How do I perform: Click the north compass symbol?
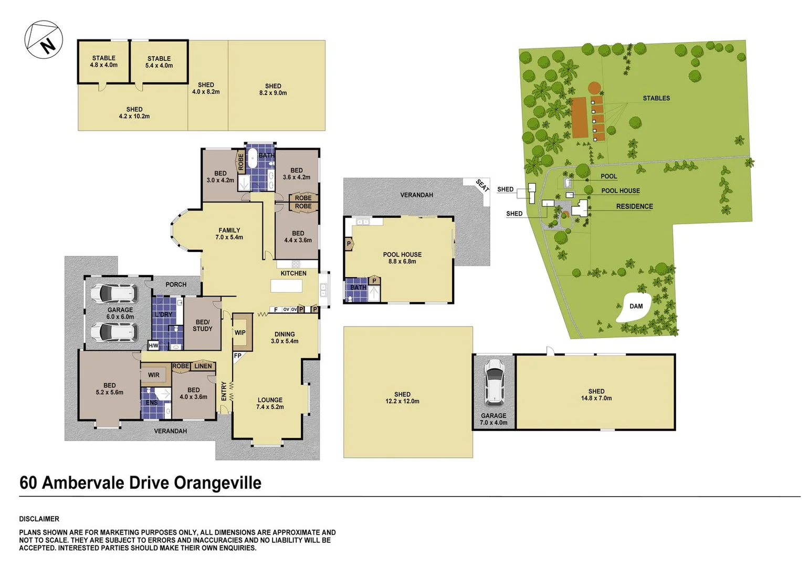pyautogui.click(x=44, y=39)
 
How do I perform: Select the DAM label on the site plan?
pyautogui.click(x=636, y=306)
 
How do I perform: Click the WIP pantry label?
pyautogui.click(x=240, y=333)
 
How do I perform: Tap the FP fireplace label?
pyautogui.click(x=237, y=356)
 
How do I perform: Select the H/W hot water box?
pyautogui.click(x=153, y=345)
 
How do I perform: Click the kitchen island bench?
pyautogui.click(x=287, y=286)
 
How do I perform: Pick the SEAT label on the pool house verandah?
pyautogui.click(x=482, y=186)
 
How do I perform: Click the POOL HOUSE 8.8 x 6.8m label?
pyautogui.click(x=402, y=258)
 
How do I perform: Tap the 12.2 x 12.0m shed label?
pyautogui.click(x=402, y=397)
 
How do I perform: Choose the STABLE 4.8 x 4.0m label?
pyautogui.click(x=103, y=61)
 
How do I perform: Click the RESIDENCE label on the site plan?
pyautogui.click(x=635, y=206)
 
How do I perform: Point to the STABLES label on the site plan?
pyautogui.click(x=656, y=98)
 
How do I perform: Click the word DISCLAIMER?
pyautogui.click(x=39, y=519)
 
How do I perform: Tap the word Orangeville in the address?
pyautogui.click(x=218, y=483)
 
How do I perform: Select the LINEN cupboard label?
pyautogui.click(x=203, y=366)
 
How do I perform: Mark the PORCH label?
pyautogui.click(x=176, y=285)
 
